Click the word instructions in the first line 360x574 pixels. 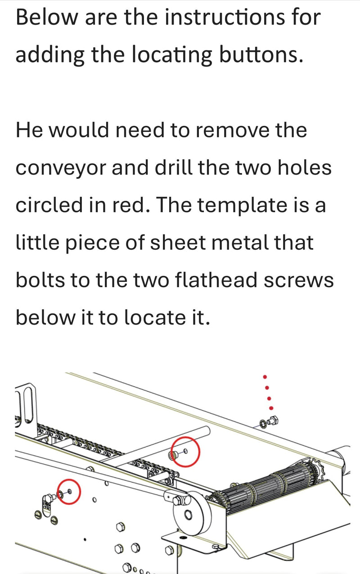pyautogui.click(x=224, y=17)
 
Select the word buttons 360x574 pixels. pyautogui.click(x=261, y=54)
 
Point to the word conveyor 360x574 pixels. pyautogui.click(x=61, y=168)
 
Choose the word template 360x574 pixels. pyautogui.click(x=243, y=206)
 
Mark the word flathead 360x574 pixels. pyautogui.click(x=216, y=280)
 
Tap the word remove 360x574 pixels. pyautogui.click(x=232, y=131)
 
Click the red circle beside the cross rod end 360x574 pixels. pyautogui.click(x=186, y=452)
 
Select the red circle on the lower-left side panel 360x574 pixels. pyautogui.click(x=69, y=492)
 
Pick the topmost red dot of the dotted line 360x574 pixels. pyautogui.click(x=265, y=377)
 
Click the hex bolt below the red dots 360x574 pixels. pyautogui.click(x=273, y=420)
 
